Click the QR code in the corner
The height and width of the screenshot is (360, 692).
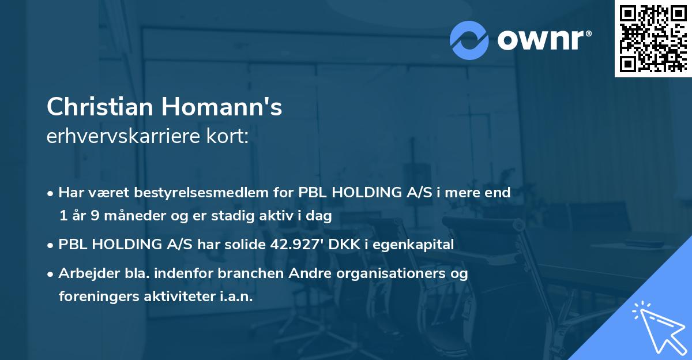(x=652, y=39)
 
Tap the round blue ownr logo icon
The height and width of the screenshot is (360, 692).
(x=469, y=40)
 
